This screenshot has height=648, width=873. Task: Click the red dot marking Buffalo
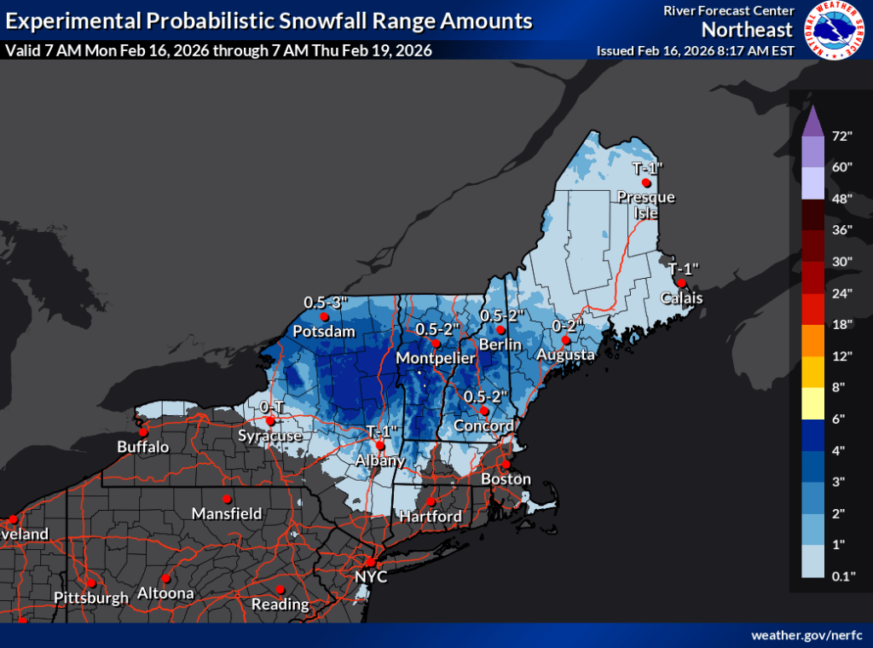(142, 432)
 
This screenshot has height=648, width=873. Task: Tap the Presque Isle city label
(646, 205)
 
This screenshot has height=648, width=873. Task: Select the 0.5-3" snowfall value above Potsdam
(324, 302)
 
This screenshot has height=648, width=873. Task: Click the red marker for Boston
(505, 465)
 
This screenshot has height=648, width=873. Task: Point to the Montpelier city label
(435, 359)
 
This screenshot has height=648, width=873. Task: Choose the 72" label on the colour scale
(842, 135)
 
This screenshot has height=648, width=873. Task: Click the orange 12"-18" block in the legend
(814, 340)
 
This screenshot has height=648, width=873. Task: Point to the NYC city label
(371, 577)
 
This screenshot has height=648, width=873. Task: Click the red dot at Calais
(681, 283)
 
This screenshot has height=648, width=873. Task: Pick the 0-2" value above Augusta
(567, 326)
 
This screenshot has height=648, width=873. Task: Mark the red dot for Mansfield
(227, 499)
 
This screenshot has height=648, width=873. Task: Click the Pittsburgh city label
(90, 597)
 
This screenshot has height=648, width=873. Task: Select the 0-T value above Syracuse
(271, 408)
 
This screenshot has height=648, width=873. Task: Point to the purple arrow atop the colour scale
(814, 121)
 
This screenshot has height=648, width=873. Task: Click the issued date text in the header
(695, 50)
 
